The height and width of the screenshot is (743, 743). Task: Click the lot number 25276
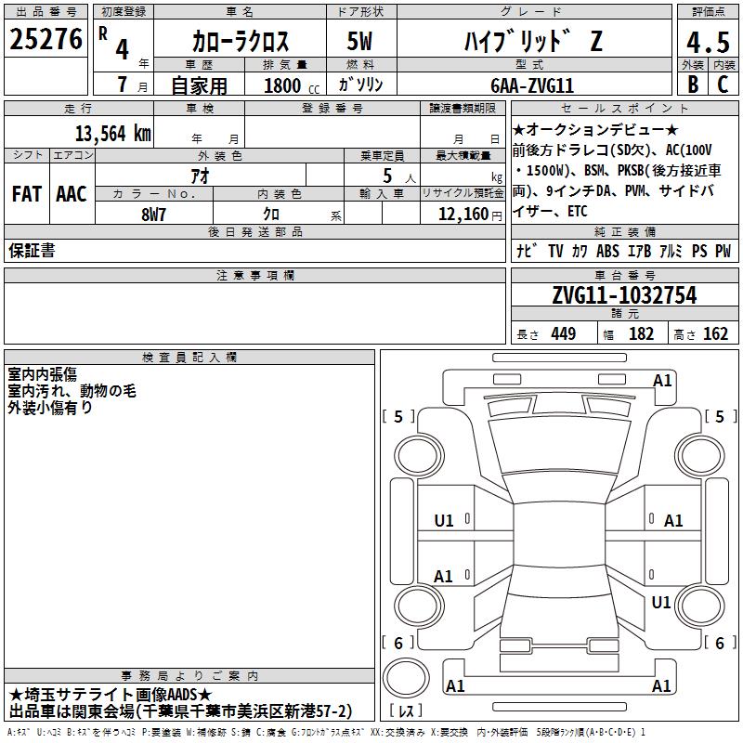(46, 39)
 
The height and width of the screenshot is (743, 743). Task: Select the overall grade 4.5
(708, 42)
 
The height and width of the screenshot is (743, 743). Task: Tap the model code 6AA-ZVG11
(532, 85)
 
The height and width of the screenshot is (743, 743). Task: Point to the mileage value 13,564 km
(112, 134)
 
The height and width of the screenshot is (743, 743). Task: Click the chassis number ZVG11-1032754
(624, 295)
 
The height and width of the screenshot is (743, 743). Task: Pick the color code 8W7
(153, 215)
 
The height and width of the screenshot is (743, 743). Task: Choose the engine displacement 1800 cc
(292, 85)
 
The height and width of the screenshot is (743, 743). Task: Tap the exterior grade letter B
(693, 85)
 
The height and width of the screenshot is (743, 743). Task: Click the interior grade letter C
(723, 85)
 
